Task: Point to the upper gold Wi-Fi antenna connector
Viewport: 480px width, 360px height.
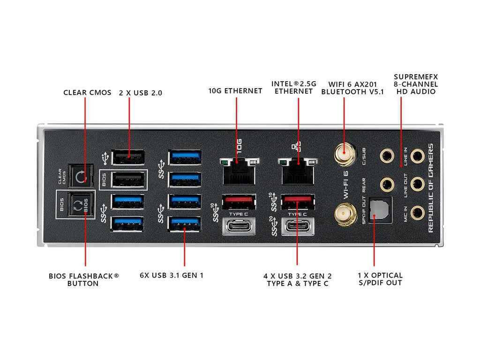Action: [x=344, y=152]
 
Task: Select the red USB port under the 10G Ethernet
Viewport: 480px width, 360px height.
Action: [x=239, y=202]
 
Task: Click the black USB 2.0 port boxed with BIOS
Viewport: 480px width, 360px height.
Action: [x=128, y=180]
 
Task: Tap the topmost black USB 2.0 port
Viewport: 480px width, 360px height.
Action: [x=128, y=157]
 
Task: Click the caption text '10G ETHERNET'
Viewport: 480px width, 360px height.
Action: [x=235, y=91]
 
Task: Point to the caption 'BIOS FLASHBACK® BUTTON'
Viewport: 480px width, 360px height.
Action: [x=84, y=279]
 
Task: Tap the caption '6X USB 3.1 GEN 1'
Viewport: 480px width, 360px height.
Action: [x=172, y=275]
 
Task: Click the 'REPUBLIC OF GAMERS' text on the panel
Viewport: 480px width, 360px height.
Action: [x=431, y=187]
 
